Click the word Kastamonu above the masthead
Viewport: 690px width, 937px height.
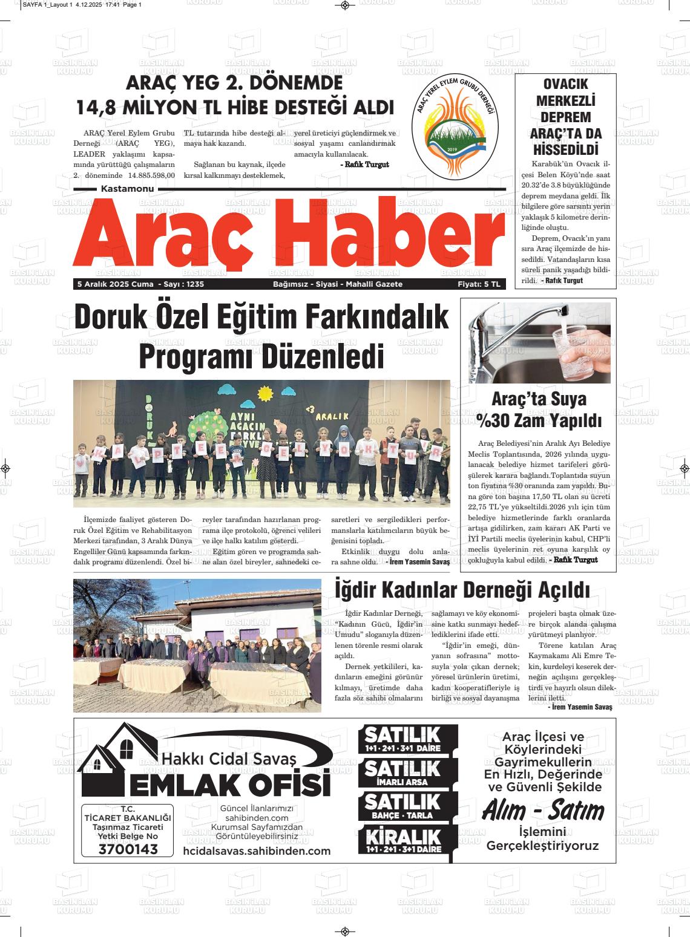(127, 189)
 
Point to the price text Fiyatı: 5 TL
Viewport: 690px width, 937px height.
(479, 284)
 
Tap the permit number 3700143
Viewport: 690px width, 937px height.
(128, 849)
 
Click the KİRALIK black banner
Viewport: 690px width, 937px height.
(402, 840)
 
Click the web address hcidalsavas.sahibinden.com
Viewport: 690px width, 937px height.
(257, 851)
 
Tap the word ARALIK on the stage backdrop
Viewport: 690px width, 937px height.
(332, 416)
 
